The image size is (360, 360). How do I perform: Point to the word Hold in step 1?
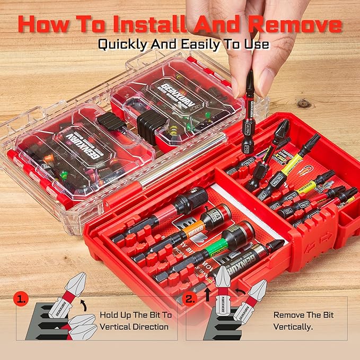(x=110, y=314)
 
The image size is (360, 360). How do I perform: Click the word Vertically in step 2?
(x=293, y=327)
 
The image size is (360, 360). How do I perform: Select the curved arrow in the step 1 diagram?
(x=81, y=304)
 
